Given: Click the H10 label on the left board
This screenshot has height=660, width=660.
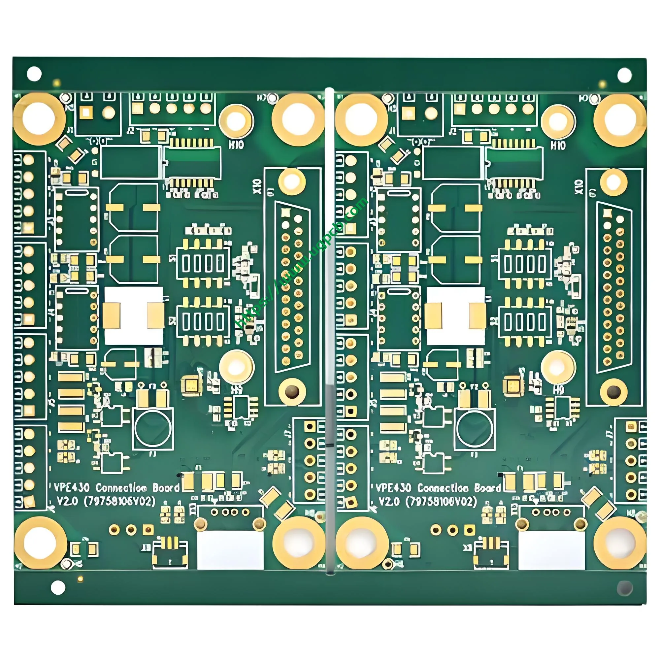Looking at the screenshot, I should [236, 145].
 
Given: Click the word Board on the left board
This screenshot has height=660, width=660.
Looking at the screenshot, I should [166, 487].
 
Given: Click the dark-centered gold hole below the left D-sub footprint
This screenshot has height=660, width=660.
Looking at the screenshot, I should [291, 391].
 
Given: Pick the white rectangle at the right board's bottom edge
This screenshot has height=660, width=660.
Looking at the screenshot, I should [552, 550].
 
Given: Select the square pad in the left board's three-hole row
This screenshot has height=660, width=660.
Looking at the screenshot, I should [148, 530].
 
